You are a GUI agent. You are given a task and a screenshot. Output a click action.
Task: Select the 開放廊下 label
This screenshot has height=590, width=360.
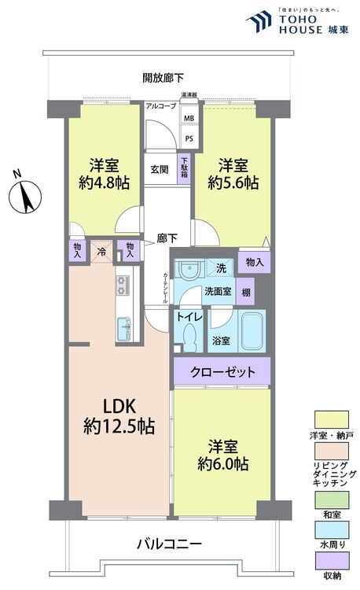pos(163,77)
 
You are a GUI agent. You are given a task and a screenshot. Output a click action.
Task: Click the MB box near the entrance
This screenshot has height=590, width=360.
pos(189,119)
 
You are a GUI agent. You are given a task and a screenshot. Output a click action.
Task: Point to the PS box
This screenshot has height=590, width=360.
pos(189,138)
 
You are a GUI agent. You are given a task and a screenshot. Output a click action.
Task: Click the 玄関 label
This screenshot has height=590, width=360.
pos(160,168)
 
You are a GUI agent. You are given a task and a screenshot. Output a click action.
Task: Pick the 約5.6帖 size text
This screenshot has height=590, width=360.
pos(233,183)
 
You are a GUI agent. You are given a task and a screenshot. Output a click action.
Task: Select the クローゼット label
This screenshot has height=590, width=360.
pos(222,371)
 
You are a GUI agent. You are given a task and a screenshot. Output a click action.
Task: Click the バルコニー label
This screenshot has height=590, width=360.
pos(169,544)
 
